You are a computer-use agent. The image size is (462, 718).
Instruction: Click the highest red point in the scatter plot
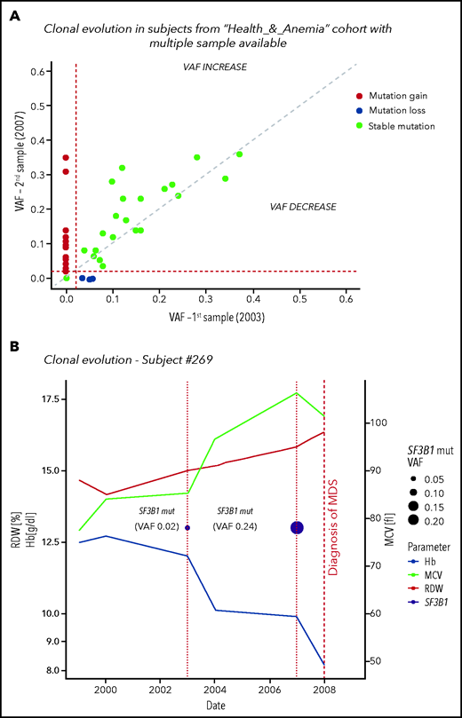point(66,158)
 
